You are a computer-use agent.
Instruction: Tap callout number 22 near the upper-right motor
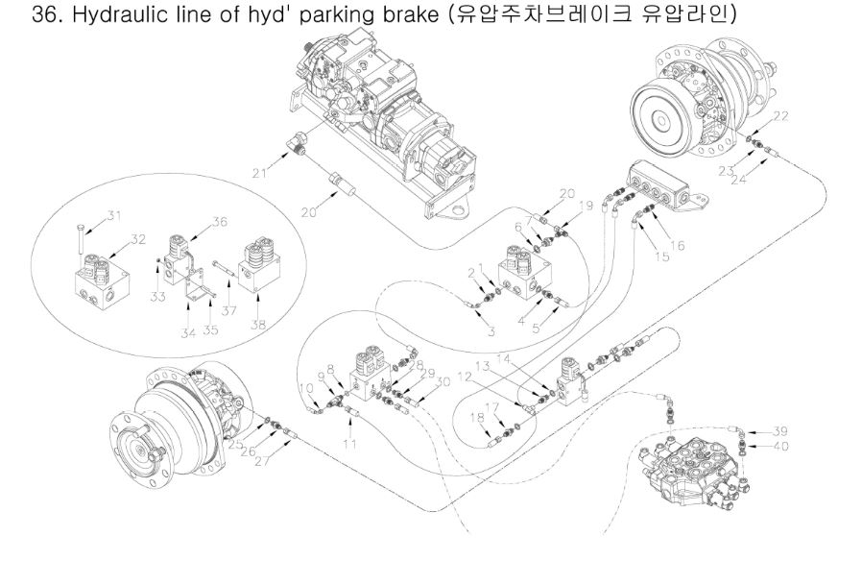pyautogui.click(x=780, y=116)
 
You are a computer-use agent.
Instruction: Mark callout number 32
pyautogui.click(x=138, y=238)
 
